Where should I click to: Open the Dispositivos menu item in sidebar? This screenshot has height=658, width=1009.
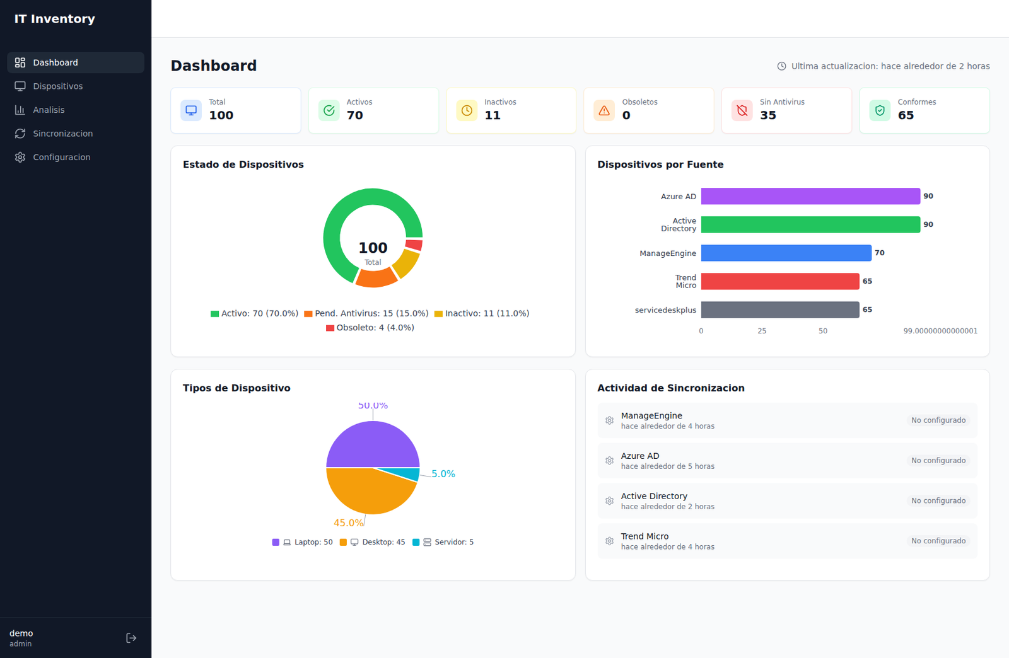pos(57,86)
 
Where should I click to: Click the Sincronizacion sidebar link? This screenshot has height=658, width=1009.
pos(62,134)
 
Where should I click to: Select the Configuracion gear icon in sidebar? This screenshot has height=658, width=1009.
pos(20,157)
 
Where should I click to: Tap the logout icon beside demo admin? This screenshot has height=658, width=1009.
pos(131,638)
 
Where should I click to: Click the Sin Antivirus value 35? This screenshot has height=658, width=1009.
pos(767,115)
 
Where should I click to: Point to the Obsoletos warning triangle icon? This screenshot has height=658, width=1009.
pos(604,110)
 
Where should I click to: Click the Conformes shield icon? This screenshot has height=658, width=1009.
pos(880,110)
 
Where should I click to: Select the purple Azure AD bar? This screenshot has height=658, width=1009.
pos(810,196)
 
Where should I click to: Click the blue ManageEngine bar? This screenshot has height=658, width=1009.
pos(786,253)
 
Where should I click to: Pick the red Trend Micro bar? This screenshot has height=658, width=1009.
pos(780,281)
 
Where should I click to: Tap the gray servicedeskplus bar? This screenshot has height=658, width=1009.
pos(780,309)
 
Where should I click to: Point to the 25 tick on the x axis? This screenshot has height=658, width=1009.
pos(762,331)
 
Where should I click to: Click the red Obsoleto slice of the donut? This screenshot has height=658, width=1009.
pos(414,245)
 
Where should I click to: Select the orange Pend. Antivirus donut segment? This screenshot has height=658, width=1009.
pos(376,278)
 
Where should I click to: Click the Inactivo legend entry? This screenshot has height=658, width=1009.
pos(482,313)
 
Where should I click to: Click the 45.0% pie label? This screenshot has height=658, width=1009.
pos(348,522)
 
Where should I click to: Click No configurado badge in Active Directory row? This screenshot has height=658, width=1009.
pos(938,500)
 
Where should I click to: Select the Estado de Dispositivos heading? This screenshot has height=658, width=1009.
pos(243,164)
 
